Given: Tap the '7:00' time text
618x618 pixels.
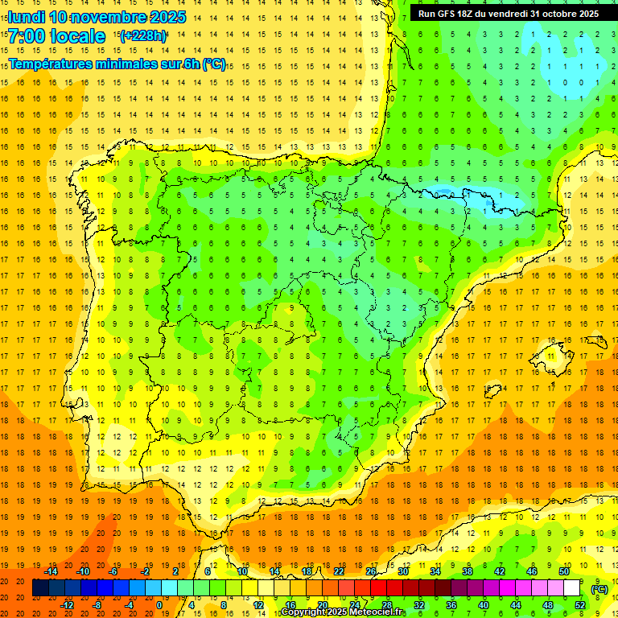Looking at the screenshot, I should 23,36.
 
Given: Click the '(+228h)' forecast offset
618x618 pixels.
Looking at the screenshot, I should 143,36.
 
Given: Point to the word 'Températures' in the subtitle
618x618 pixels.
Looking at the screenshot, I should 51,64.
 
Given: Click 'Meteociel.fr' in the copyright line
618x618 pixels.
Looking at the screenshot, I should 376,612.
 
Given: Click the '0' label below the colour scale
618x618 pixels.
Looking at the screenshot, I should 159,604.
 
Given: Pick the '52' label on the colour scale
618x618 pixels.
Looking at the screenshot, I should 580,604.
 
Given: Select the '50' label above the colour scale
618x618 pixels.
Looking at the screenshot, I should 564,571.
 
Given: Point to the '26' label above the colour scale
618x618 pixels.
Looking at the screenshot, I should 371,571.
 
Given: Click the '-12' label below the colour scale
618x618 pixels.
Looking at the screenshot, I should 67,604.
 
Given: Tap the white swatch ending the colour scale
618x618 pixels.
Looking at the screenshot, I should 572,588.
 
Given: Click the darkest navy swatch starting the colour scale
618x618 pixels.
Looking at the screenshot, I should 40,588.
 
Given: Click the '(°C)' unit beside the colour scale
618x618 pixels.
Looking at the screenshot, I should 599,589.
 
